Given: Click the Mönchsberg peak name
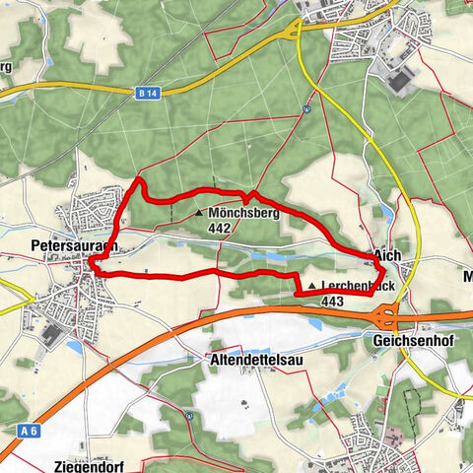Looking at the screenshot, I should coord(244,212).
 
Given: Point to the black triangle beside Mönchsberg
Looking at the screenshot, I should coord(199,213).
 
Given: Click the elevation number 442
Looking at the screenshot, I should coord(220,228).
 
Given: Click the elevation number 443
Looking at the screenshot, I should coord(332,303).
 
